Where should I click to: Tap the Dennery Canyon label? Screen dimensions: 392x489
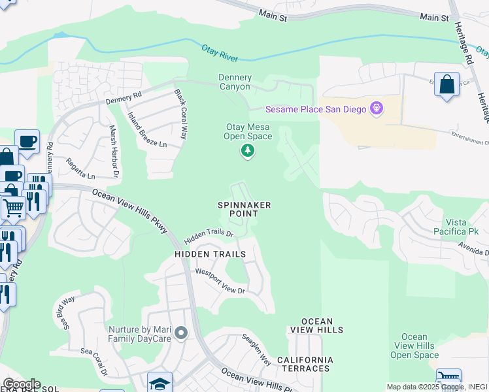tap(234, 82)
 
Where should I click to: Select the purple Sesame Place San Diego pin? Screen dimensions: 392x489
tap(376, 108)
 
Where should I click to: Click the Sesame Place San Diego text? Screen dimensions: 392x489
tap(315, 109)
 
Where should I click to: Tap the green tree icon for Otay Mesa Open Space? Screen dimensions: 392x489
tap(248, 152)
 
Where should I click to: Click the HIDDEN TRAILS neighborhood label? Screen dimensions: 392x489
tap(210, 253)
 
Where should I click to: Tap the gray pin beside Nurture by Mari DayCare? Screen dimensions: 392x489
tap(182, 334)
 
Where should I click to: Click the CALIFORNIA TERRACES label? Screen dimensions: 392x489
tap(305, 364)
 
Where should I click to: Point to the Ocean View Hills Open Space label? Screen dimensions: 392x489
tap(414, 346)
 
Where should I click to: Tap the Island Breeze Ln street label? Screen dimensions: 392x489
tap(147, 131)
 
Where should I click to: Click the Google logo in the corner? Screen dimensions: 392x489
tap(21, 384)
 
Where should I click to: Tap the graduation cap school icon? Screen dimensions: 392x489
tap(160, 383)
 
